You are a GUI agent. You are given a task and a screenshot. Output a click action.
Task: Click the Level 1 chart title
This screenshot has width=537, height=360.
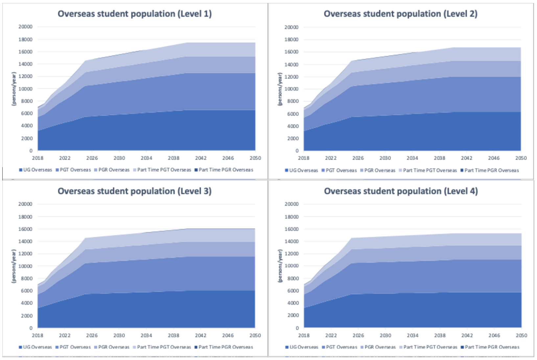pyautogui.click(x=135, y=14)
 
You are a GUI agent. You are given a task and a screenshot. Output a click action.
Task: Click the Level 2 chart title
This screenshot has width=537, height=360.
pyautogui.click(x=401, y=14)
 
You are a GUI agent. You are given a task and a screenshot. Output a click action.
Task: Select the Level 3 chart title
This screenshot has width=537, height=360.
pyautogui.click(x=135, y=191)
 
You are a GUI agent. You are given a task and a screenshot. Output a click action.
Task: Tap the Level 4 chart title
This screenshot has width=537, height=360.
pyautogui.click(x=401, y=191)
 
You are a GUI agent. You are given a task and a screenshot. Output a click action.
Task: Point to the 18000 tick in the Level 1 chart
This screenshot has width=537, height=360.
pyautogui.click(x=26, y=39)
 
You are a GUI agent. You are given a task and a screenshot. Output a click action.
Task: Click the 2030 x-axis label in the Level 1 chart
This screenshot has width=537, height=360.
pyautogui.click(x=119, y=158)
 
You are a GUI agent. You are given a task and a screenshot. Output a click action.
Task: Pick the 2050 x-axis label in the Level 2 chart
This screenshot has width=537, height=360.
pyautogui.click(x=521, y=158)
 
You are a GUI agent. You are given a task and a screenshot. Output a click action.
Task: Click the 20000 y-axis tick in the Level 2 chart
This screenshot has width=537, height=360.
pyautogui.click(x=292, y=27)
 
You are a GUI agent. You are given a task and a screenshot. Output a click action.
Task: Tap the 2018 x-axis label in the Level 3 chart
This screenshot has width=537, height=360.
pyautogui.click(x=37, y=335)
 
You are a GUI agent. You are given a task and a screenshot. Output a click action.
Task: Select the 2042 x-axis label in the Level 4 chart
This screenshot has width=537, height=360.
pyautogui.click(x=467, y=335)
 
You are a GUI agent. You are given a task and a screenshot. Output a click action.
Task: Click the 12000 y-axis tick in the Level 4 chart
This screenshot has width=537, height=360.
pyautogui.click(x=292, y=254)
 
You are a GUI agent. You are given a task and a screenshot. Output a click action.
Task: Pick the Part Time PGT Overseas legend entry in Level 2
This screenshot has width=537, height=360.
pyautogui.click(x=428, y=170)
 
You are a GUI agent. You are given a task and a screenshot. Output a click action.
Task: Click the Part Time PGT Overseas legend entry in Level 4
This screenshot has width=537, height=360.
pyautogui.click(x=428, y=347)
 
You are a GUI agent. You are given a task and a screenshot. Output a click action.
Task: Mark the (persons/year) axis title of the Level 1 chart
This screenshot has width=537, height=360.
pyautogui.click(x=14, y=89)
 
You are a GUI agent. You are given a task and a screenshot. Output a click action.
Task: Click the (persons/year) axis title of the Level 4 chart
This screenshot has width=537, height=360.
pyautogui.click(x=280, y=266)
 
